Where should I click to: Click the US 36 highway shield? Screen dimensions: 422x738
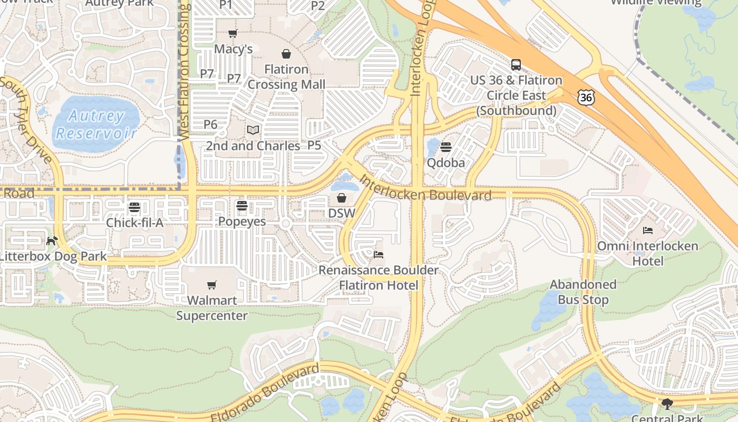point(586,97)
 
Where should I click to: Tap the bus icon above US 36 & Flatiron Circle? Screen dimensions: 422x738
point(516,65)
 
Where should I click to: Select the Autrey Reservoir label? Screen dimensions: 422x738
point(97,124)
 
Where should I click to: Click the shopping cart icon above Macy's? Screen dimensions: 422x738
point(232,34)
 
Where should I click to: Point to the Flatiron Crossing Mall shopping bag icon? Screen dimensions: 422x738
point(286,54)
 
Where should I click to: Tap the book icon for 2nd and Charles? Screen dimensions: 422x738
point(253,130)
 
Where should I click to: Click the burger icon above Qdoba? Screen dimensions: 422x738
point(446,147)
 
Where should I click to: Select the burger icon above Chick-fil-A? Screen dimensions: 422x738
point(134,207)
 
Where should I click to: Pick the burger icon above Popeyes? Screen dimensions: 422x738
point(242,206)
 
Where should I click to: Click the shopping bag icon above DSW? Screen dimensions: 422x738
point(342,198)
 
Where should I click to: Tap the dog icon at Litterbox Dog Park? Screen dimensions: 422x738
point(52,241)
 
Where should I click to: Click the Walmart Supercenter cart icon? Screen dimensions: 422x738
point(212,285)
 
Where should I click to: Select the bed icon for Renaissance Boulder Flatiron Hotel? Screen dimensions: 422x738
point(378,255)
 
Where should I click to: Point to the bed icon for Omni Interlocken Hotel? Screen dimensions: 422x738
point(648,231)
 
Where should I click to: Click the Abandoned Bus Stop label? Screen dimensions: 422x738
point(583,292)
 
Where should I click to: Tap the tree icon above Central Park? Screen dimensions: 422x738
point(667,405)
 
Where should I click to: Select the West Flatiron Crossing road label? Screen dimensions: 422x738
point(184,71)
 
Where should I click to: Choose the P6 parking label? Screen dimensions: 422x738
point(210,124)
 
